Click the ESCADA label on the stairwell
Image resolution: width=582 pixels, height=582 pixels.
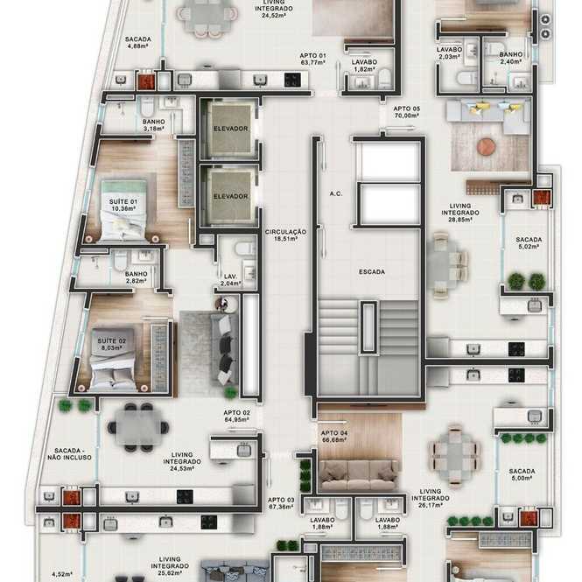click(372, 272)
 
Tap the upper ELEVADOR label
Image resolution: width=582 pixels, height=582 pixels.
click(230, 129)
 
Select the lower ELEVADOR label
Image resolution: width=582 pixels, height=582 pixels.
click(230, 196)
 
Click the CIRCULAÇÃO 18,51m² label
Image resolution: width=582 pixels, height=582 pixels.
click(285, 235)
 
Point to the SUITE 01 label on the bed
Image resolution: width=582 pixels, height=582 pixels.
click(123, 205)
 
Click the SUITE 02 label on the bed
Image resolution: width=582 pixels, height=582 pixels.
click(111, 344)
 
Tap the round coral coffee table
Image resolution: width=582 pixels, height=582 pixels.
click(487, 147)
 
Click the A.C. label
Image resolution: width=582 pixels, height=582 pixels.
click(336, 193)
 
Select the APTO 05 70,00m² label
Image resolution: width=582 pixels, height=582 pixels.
click(406, 112)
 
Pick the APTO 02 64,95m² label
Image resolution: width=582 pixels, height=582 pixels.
click(237, 416)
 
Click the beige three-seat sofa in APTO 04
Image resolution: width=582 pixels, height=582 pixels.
click(358, 475)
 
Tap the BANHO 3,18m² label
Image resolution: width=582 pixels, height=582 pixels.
click(154, 125)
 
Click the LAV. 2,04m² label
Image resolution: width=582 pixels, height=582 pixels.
click(230, 280)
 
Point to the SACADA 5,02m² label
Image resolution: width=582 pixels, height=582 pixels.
click(529, 243)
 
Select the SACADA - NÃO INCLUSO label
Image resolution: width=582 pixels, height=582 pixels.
click(69, 454)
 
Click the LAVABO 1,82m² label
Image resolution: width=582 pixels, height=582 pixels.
click(364, 66)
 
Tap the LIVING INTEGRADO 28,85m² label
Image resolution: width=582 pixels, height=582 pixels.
click(460, 213)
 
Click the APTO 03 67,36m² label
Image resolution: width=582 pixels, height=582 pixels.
click(281, 503)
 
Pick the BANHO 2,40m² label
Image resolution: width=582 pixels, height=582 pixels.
click(511, 58)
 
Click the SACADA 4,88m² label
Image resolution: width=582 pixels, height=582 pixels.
click(137, 42)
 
